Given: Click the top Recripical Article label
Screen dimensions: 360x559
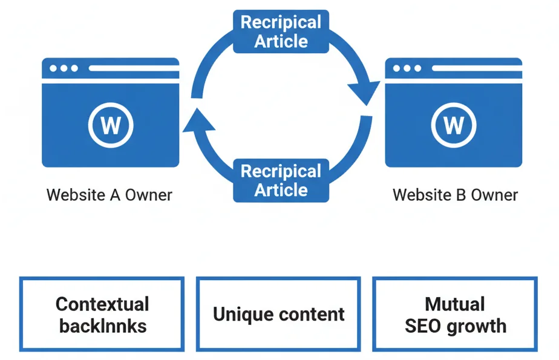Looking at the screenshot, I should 281,32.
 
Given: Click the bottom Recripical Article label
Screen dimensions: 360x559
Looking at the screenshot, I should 281,180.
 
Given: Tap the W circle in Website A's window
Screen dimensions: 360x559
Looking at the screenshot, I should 110,125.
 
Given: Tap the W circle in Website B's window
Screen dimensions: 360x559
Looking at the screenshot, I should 454,125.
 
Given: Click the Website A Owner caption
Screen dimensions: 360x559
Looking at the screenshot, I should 110,195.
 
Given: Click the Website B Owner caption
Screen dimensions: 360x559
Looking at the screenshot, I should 455,195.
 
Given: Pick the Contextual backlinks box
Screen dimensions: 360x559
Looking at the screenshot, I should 102,314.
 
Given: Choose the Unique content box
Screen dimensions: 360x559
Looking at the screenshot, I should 278,314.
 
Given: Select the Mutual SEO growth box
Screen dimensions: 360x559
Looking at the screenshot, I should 455,314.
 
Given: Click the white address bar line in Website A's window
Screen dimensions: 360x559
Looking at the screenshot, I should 133,68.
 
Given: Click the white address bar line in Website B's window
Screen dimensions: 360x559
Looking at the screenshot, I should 477,68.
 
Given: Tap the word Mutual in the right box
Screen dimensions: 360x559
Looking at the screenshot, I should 455,303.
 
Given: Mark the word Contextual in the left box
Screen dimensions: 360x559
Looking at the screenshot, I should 102,303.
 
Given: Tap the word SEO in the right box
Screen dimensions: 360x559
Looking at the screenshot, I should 423,326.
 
